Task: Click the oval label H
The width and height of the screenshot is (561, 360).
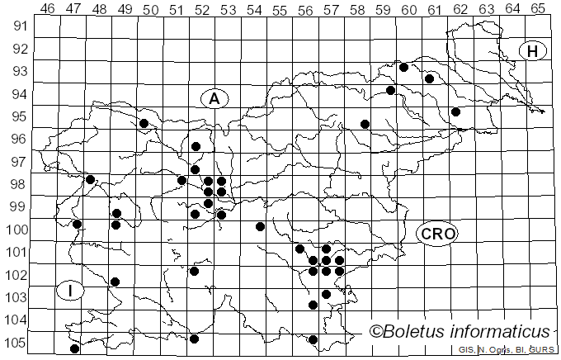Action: tap(533, 51)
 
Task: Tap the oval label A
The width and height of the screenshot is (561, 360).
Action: tap(214, 99)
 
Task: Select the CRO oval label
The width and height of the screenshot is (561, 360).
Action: tap(436, 234)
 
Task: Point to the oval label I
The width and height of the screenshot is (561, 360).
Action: tap(71, 290)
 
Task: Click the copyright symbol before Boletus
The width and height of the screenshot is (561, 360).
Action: tap(375, 332)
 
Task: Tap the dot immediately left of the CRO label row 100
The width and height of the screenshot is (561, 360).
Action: tap(260, 226)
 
